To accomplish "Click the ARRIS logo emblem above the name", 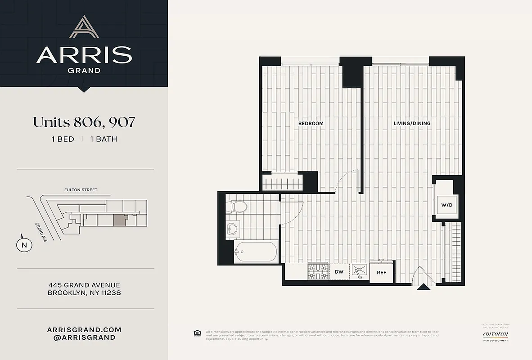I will click(x=84, y=27).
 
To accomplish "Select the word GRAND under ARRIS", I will click(x=84, y=70).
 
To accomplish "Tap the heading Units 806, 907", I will click(x=84, y=122).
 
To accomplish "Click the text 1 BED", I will click(x=63, y=139).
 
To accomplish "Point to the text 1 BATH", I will click(x=104, y=139).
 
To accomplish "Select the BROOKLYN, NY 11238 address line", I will click(x=84, y=293).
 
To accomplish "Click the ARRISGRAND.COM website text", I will click(x=84, y=329).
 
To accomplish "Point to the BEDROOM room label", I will click(x=311, y=123).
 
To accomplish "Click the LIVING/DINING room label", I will click(x=412, y=123).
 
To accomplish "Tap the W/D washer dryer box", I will click(x=446, y=205).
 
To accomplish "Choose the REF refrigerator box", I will click(x=381, y=273).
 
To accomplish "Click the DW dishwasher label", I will click(x=339, y=272).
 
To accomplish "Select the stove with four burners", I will click(x=318, y=271).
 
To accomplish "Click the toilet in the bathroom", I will click(x=239, y=207).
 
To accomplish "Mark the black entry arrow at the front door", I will click(x=424, y=287).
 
